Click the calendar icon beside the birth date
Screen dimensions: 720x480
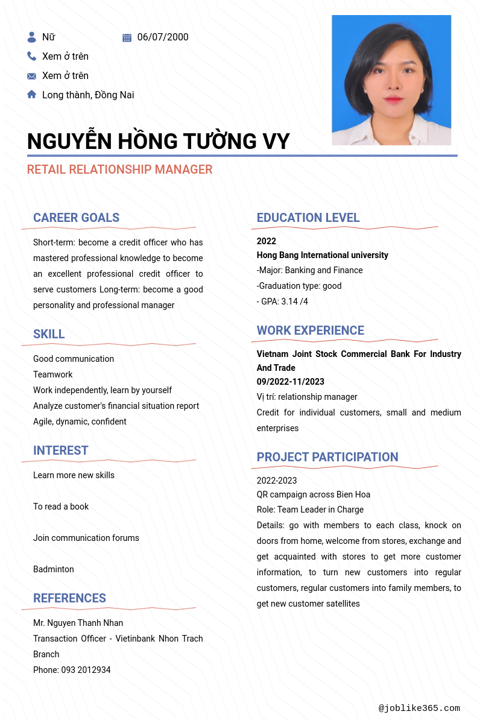(x=127, y=37)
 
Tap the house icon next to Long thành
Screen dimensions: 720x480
(x=32, y=94)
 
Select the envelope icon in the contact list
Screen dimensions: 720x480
(x=32, y=76)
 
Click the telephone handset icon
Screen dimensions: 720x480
(x=32, y=56)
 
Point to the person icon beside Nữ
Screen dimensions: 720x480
(x=32, y=37)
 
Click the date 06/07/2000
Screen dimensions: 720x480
(x=163, y=37)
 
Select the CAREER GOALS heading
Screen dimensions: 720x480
(x=77, y=218)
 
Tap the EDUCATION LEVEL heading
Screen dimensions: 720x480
(x=308, y=218)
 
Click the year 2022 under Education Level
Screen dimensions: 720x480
(x=267, y=241)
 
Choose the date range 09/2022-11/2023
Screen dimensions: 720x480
(x=291, y=382)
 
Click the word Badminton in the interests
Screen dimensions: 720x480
(x=54, y=569)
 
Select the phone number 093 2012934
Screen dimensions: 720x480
(x=86, y=670)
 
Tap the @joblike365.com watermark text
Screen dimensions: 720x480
(x=419, y=709)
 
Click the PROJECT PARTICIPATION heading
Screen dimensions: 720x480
(x=327, y=457)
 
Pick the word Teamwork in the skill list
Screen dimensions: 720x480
(x=53, y=374)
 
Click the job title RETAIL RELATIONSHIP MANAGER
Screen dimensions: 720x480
(x=119, y=169)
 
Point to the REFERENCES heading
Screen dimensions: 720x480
(x=69, y=598)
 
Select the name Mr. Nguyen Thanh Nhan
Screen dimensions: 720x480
(x=78, y=623)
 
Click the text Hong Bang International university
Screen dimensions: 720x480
(x=323, y=255)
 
